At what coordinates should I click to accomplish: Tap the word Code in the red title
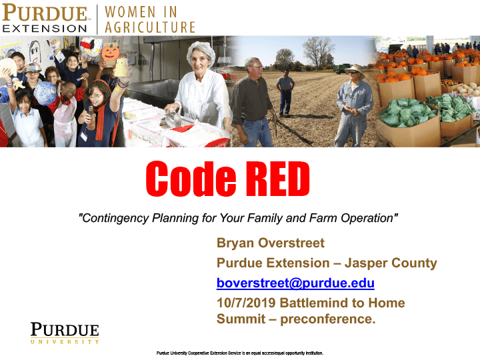coord(191,179)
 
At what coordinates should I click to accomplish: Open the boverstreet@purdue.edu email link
coord(295,283)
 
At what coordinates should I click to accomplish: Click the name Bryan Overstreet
coord(270,243)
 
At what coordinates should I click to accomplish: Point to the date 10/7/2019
coord(246,303)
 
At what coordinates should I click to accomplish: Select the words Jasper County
coord(391,263)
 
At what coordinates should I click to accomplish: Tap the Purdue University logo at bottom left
coord(65,333)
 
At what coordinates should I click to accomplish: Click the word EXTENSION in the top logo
coord(45,29)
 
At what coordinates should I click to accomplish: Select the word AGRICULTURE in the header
coord(150,27)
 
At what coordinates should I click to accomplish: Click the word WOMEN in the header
coord(130,12)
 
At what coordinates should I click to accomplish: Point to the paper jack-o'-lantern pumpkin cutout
coord(111,53)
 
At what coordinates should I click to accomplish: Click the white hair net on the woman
coord(201,51)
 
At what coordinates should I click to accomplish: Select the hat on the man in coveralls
coord(355,69)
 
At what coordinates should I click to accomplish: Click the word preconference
coord(327,319)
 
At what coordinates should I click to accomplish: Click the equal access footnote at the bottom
coord(240,353)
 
